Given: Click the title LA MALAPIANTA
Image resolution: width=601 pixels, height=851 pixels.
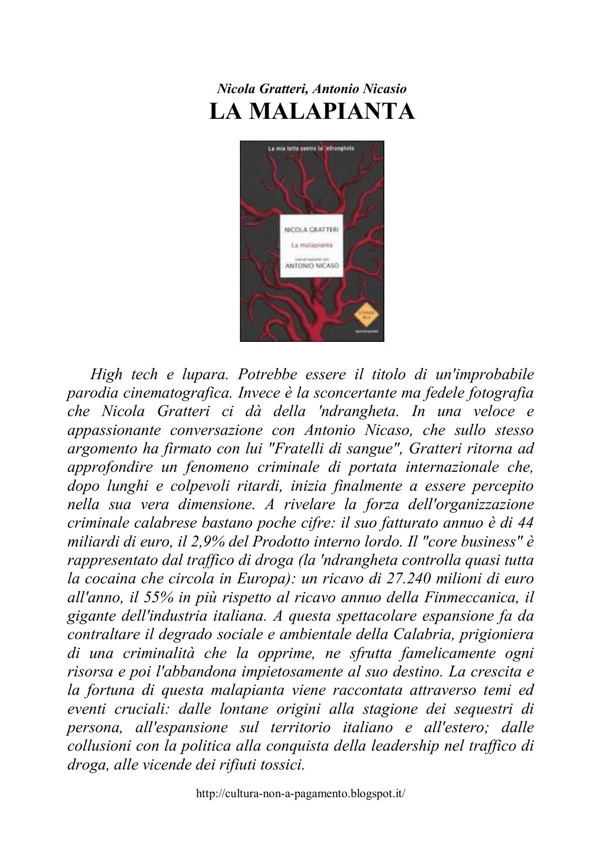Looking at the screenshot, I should point(312,111).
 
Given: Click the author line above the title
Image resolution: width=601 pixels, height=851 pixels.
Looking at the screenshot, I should point(312,89).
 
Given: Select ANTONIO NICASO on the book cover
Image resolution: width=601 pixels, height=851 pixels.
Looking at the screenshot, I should point(312,266).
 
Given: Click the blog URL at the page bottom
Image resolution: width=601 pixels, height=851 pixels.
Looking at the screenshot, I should point(300,794).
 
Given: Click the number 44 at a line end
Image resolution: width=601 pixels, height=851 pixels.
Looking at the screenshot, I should point(525,523).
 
